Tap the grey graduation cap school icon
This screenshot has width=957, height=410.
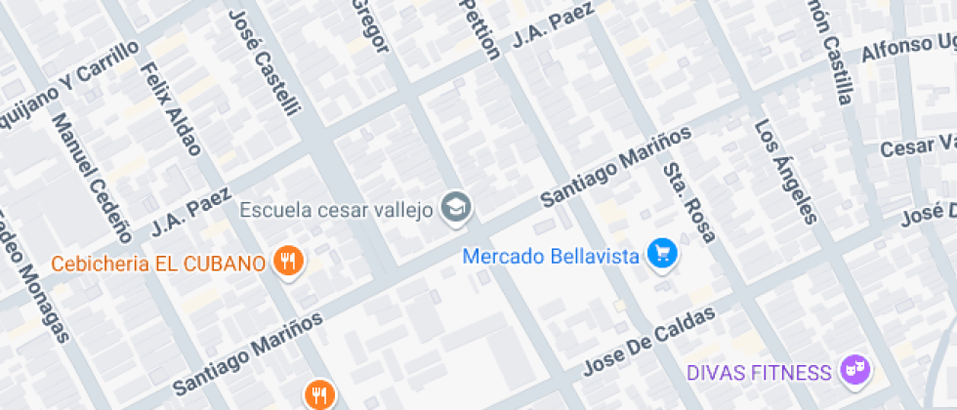456,206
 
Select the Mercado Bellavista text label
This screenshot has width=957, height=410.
551,257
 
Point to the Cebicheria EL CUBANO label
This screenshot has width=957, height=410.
158,264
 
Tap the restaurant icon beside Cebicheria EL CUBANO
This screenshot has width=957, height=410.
288,262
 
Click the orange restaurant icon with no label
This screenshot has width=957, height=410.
320,394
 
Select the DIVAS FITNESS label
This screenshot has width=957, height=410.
759,372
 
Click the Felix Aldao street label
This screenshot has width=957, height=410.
171,108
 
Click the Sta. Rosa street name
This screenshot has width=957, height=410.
689,201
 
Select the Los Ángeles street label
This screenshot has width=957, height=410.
784,171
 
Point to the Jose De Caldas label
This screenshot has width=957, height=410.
649,341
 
